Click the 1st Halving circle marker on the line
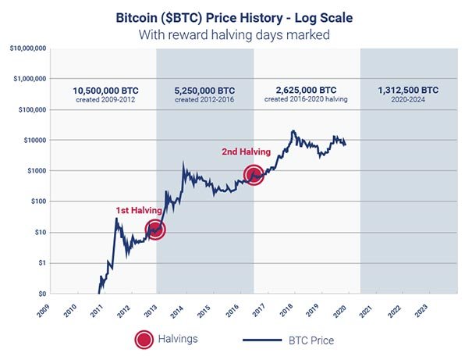[x=155, y=230]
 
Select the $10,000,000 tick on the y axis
[x=28, y=48]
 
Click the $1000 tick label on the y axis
[x=37, y=171]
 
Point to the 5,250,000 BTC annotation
[x=206, y=89]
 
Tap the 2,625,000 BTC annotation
[x=307, y=89]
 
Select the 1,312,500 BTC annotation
[x=410, y=89]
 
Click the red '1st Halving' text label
[x=139, y=211]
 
